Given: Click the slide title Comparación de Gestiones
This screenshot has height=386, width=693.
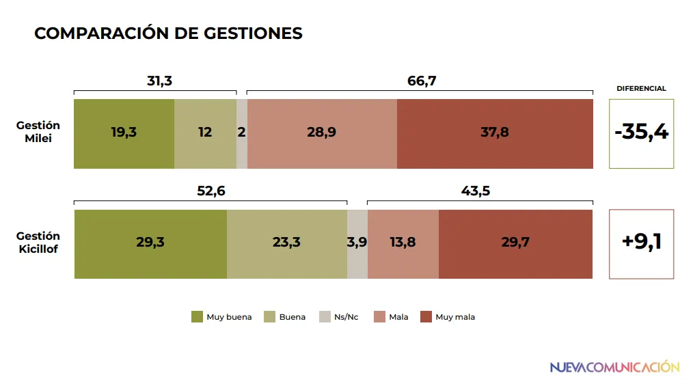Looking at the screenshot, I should click(168, 33).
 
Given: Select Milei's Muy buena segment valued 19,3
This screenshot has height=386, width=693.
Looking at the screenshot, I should click(124, 133).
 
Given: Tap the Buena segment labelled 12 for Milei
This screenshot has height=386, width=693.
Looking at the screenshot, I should click(205, 133).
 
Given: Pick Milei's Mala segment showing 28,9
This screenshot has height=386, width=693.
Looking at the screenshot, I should click(321, 133).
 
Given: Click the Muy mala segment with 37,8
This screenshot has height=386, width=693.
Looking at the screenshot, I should click(495, 133).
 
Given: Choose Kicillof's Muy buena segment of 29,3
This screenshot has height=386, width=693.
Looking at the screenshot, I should click(150, 244).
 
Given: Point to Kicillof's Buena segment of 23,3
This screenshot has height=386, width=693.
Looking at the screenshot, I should click(287, 244).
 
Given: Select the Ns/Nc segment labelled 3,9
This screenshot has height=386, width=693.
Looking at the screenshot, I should click(357, 244).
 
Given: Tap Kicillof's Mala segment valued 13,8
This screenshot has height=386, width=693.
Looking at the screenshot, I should click(403, 244).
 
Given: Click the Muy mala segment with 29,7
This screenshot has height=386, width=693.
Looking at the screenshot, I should click(515, 244).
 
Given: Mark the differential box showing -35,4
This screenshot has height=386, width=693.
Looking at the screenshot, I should click(641, 133).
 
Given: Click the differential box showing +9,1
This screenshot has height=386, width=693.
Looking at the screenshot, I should click(641, 244).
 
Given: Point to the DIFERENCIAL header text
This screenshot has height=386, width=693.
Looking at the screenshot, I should click(641, 88).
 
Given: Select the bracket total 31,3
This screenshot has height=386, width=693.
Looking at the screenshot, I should click(159, 81).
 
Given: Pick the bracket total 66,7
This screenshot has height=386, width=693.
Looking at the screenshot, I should click(422, 81).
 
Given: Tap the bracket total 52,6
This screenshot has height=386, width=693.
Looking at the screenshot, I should click(211, 191).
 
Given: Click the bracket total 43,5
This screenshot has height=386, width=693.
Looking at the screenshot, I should click(476, 191).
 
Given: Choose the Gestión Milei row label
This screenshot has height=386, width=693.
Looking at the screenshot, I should click(38, 132).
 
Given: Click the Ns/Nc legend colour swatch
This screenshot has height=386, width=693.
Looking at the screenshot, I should click(325, 317).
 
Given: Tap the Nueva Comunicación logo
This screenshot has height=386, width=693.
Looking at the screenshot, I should click(614, 368).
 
